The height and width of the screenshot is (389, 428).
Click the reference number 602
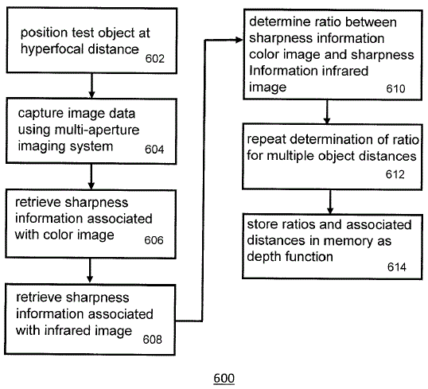pyautogui.click(x=155, y=59)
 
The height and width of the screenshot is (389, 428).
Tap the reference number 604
pyautogui.click(x=154, y=150)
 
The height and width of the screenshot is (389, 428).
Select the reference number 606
pyautogui.click(x=154, y=240)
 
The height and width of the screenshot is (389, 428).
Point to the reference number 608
pyautogui.click(x=152, y=340)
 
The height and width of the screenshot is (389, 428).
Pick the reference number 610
pyautogui.click(x=395, y=89)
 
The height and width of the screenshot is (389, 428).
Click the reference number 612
pyautogui.click(x=395, y=174)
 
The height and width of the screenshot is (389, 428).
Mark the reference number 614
pyautogui.click(x=397, y=266)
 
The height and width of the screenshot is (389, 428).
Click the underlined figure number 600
pyautogui.click(x=224, y=379)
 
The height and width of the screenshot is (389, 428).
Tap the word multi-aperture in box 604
pyautogui.click(x=97, y=130)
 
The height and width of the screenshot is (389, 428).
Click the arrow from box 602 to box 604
pyautogui.click(x=91, y=86)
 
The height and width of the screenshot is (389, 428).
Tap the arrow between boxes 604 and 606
pyautogui.click(x=91, y=177)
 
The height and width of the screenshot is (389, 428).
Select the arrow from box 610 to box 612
pyautogui.click(x=327, y=112)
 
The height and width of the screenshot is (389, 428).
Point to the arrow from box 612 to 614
pyautogui.click(x=330, y=202)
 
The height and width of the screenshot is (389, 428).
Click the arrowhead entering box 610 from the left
pyautogui.click(x=239, y=40)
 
